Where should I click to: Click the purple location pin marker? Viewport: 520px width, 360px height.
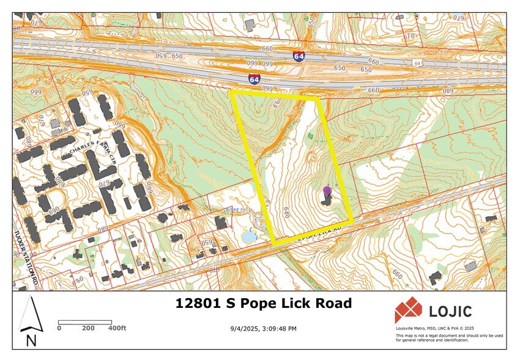click(x=327, y=190)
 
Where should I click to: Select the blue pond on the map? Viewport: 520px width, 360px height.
click(x=249, y=236)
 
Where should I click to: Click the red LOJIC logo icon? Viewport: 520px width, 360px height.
click(x=407, y=310)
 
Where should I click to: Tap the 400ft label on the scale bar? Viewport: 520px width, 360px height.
click(x=116, y=328)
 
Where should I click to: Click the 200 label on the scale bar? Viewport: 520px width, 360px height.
click(x=88, y=328)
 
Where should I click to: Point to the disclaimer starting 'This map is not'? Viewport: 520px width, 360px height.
click(x=449, y=337)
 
